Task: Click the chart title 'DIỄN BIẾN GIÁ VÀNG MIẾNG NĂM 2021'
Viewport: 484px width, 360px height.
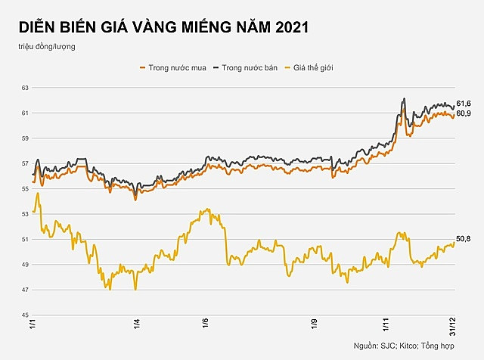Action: [163, 27]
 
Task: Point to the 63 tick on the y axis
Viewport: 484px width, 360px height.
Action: [24, 88]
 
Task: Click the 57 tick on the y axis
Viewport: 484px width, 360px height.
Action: [24, 163]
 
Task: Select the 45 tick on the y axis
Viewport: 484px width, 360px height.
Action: [24, 315]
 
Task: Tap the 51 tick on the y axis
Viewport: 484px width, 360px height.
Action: [24, 240]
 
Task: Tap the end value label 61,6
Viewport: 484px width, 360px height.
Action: [464, 103]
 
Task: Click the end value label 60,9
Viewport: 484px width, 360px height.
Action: [464, 113]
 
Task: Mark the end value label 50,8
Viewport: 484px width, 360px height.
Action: [464, 239]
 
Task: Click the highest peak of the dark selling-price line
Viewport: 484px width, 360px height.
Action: [405, 98]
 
